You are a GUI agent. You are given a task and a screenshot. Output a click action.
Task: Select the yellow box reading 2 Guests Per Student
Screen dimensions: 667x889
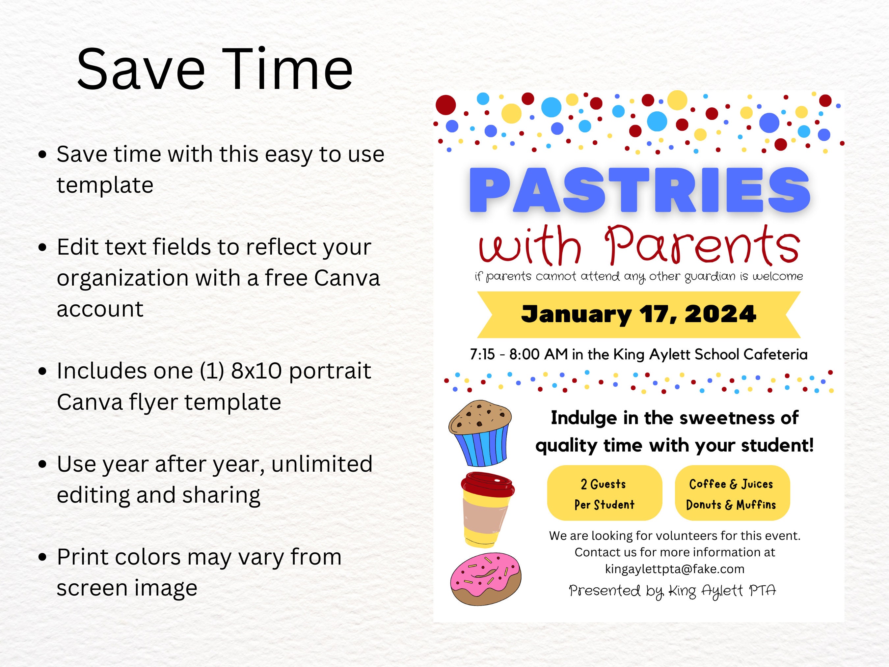click(604, 493)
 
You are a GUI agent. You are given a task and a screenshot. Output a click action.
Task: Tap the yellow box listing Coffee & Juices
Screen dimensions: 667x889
click(732, 493)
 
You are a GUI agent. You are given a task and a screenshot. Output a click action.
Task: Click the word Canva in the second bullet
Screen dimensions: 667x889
click(347, 278)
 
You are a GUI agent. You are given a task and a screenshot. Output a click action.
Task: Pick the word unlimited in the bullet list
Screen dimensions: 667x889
click(321, 464)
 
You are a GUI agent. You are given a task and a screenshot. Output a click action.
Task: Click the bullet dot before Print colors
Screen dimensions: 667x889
click(42, 558)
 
